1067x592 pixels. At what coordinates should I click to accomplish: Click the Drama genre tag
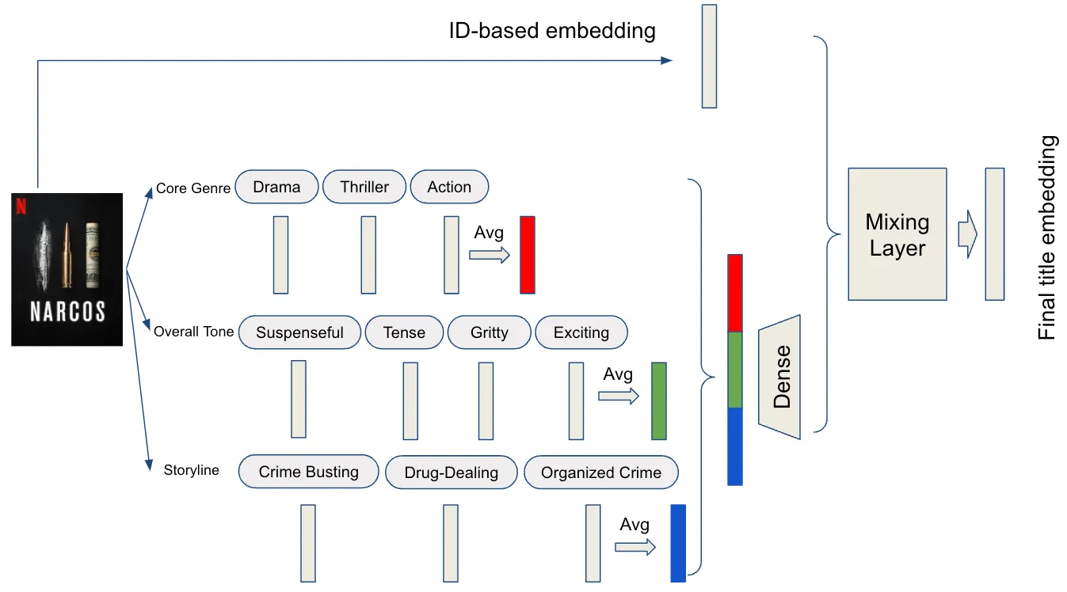(276, 188)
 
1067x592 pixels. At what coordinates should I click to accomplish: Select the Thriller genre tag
(364, 188)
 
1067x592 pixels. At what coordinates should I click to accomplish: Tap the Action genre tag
(449, 188)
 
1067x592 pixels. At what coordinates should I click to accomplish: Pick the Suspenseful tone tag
(299, 332)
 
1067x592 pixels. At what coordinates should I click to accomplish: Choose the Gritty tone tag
(489, 332)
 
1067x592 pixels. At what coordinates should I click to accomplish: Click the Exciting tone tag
(581, 332)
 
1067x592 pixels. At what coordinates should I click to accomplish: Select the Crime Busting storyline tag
(308, 472)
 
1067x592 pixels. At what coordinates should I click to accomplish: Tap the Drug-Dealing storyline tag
(451, 473)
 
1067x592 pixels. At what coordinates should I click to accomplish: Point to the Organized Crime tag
(600, 473)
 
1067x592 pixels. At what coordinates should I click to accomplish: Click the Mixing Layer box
(897, 234)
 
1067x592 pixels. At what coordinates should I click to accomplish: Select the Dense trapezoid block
(780, 375)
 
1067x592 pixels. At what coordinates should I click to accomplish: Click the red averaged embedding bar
(528, 255)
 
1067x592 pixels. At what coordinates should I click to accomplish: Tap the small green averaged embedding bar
(658, 401)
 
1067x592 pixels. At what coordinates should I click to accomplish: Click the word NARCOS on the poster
(67, 312)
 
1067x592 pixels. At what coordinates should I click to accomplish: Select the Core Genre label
(192, 188)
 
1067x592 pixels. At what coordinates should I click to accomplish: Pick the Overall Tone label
(193, 332)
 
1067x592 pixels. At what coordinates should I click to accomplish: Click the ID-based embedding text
(552, 31)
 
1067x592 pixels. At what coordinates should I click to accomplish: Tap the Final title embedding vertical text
(1047, 237)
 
